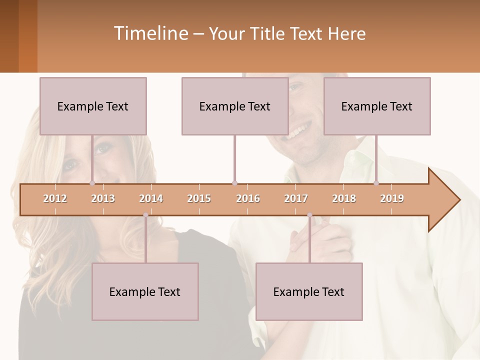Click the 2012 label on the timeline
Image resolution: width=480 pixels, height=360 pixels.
pos(55,198)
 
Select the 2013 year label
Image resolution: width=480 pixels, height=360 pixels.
pos(103,198)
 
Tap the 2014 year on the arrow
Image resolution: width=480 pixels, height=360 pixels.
pos(151,198)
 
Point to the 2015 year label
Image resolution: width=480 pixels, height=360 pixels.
pos(199,198)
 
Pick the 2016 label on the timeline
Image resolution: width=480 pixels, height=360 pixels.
pos(248,198)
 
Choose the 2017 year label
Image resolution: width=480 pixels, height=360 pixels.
pos(296,198)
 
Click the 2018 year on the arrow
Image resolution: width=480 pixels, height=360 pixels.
pos(344,198)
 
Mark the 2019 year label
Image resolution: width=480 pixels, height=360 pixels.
pos(392,198)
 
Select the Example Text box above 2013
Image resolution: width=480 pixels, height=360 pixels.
pos(93,106)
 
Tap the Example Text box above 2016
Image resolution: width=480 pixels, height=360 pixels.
pos(235,106)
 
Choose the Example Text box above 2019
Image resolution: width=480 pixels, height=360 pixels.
pos(377,106)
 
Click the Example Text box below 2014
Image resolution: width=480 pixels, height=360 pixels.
pos(145,291)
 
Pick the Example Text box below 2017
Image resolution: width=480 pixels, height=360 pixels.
pos(309,291)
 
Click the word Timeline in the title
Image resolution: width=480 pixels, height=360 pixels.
pos(150,33)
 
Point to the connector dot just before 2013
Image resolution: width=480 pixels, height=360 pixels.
pos(92,183)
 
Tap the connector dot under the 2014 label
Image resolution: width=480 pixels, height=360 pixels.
pos(145,215)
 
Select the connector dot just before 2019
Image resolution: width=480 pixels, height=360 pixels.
pos(376,183)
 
